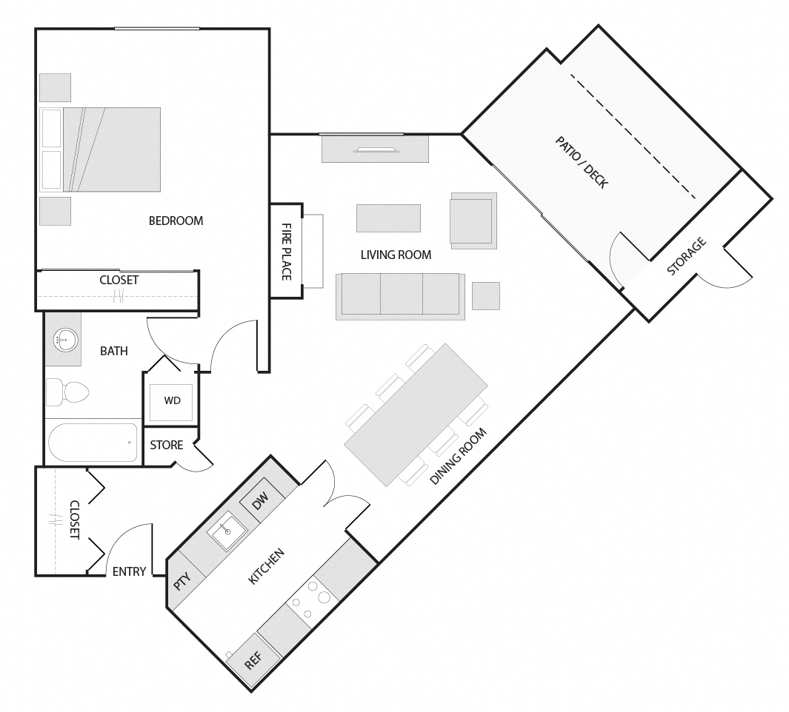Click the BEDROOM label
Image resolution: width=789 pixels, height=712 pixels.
tap(176, 221)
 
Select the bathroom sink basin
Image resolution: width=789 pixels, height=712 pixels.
tap(64, 340)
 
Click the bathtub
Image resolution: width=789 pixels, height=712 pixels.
tap(93, 442)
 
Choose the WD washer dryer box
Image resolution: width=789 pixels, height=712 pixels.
tap(172, 401)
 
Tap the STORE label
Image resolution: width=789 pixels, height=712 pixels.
tap(167, 445)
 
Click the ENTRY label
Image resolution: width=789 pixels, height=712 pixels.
tap(129, 571)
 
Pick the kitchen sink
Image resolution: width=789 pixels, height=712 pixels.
tap(227, 533)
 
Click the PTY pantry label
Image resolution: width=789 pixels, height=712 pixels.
tap(182, 581)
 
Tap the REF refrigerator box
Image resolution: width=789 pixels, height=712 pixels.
tap(253, 661)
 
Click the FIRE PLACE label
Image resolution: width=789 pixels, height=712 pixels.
tap(287, 252)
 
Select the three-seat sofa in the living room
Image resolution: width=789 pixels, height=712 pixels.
tap(400, 295)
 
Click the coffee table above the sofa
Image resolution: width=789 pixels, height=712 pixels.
tap(388, 218)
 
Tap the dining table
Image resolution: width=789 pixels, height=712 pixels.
tap(416, 414)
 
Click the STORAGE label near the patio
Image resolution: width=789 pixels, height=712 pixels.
tap(686, 257)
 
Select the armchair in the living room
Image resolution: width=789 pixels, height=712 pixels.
tap(472, 219)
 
